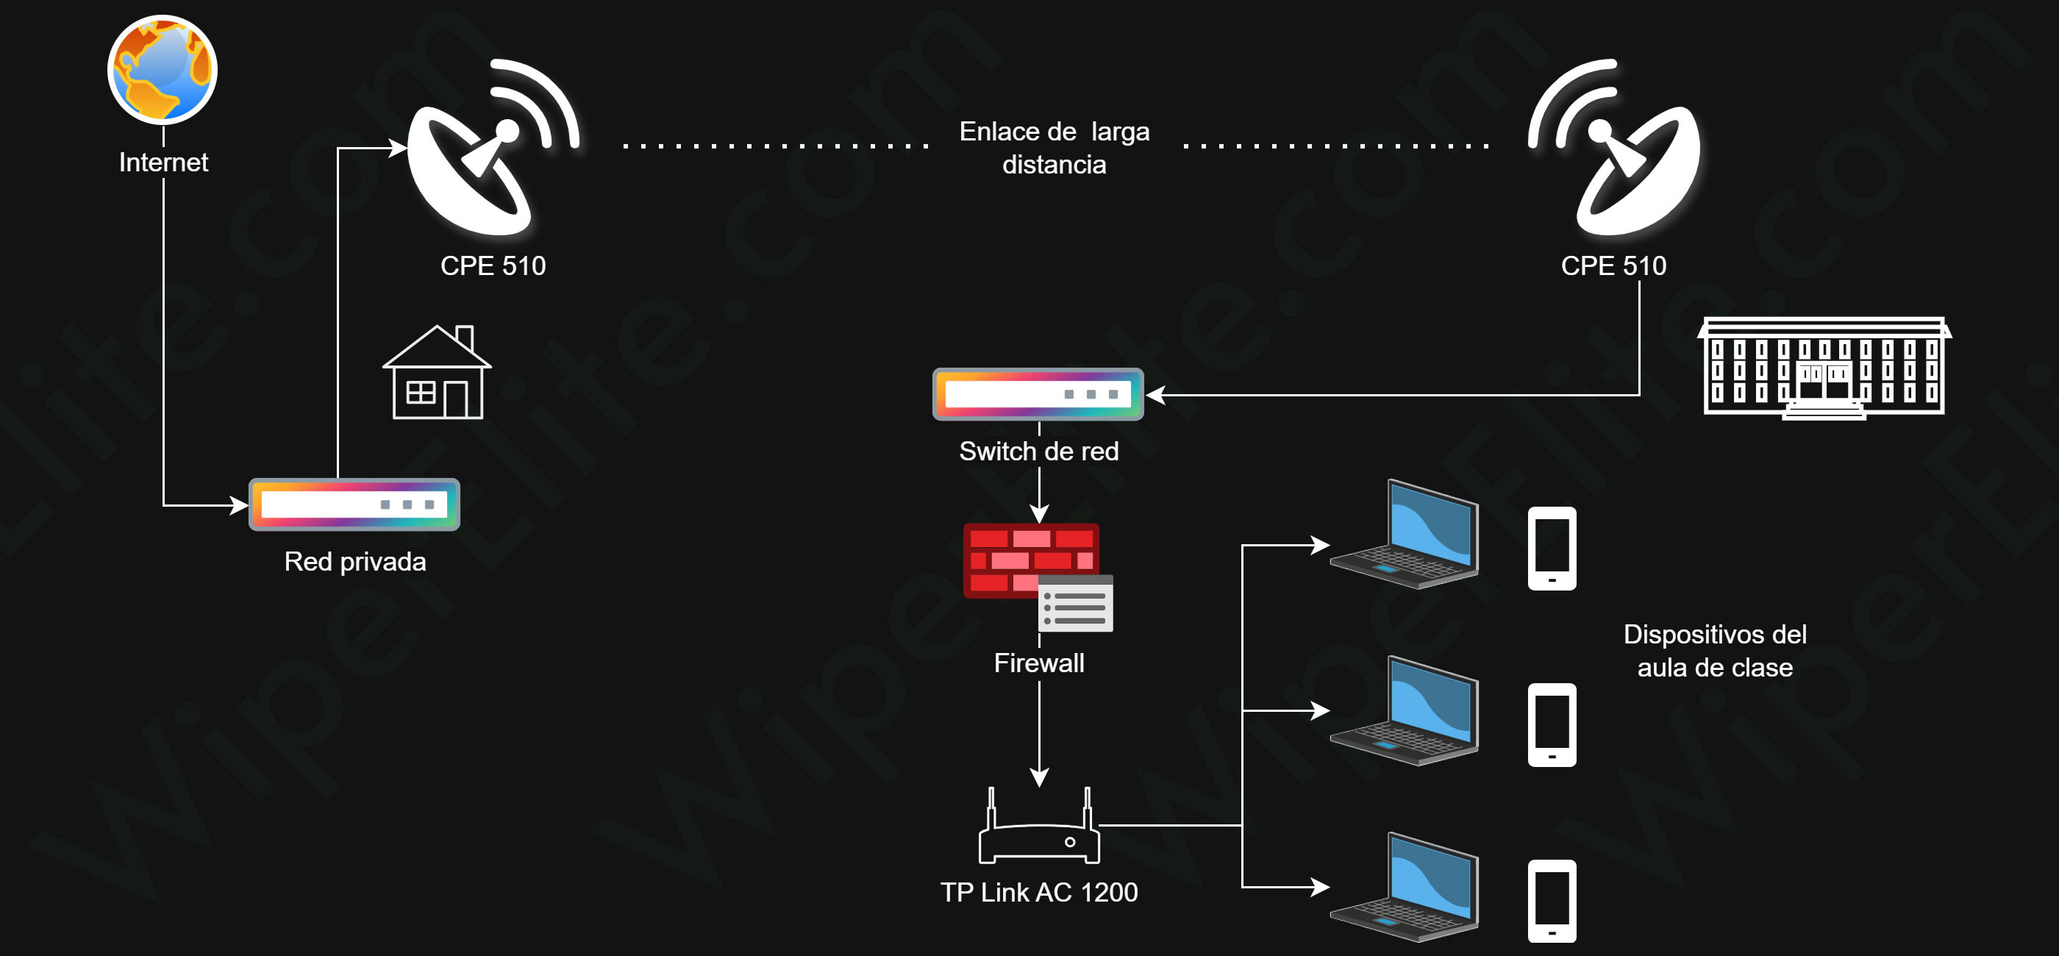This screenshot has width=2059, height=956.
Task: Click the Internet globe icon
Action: pos(163,70)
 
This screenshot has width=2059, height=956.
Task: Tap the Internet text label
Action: pos(163,163)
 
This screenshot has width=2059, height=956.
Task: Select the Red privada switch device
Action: pos(354,504)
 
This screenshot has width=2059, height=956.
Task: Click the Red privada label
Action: pos(355,562)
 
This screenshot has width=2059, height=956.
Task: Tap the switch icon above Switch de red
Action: pos(1038,394)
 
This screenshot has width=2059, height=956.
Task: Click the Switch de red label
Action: pos(1039,452)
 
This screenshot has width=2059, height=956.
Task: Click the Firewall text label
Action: pos(1039,663)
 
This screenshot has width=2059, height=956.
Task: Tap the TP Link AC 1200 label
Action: pos(1039,892)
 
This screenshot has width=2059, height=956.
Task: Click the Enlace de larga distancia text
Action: pos(1055,148)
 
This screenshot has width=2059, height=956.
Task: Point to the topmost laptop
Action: pos(1405,534)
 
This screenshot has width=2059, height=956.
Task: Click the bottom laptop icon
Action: pos(1405,888)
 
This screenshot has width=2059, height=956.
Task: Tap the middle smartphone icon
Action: pos(1552,725)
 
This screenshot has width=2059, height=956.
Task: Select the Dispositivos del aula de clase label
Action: pos(1716,651)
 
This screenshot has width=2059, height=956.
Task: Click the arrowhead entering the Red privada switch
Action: pos(239,505)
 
